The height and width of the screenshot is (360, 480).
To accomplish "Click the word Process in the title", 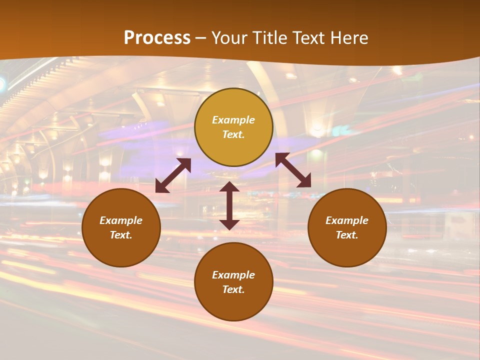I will coord(157,37).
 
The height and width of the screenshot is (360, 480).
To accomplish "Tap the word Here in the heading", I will coord(347,37).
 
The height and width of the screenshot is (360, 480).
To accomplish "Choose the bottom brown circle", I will coord(233,305).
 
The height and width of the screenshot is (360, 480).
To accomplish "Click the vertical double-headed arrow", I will coord(229,205).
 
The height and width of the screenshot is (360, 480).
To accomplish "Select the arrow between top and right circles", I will coord(293,170).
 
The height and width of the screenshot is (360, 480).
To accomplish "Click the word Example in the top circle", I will coord(233,120).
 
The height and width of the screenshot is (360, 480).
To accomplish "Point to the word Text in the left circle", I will coord(121,235).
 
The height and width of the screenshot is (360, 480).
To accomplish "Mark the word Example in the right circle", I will coord(347,220).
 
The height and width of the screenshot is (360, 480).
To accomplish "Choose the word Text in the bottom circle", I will coord(233,289).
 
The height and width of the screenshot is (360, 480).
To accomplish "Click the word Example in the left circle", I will coord(121,220).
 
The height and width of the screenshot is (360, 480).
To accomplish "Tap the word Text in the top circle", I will coord(233,134).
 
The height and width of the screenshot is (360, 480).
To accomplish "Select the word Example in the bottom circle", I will coord(233,275).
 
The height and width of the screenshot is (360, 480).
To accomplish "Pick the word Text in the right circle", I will coord(347,235).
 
